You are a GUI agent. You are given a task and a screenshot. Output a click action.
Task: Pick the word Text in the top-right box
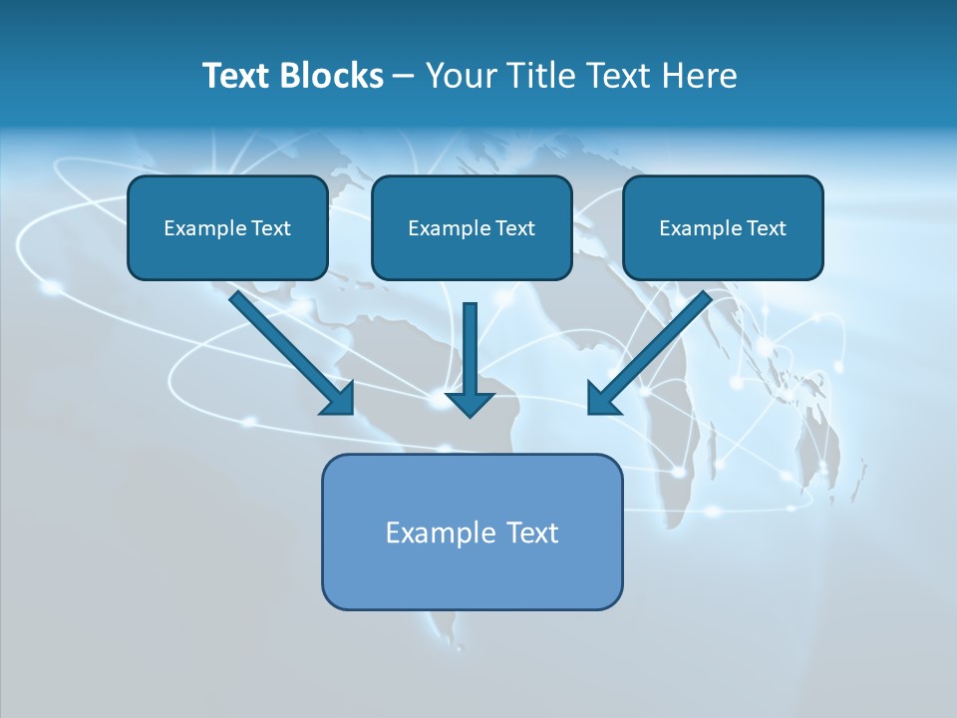click(x=766, y=228)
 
